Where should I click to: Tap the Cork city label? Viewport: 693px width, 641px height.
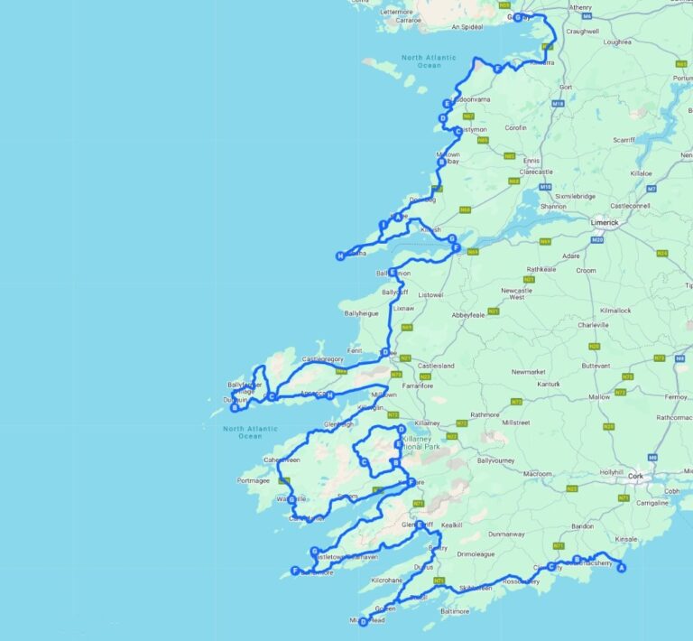point(637,476)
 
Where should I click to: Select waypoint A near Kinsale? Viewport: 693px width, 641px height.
point(620,568)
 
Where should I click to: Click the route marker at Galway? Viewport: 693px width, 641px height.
point(517,17)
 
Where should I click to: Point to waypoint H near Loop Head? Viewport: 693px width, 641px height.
point(340,256)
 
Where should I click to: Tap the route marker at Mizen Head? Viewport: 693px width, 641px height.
point(363,621)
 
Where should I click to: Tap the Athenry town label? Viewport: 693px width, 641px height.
point(580,7)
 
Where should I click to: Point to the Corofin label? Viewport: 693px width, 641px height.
point(515,127)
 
